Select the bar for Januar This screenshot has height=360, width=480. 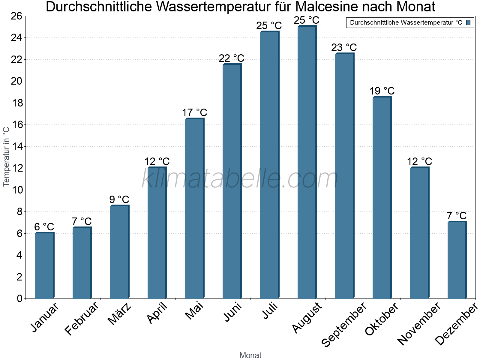tap(44, 265)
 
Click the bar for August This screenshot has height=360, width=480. tap(307, 162)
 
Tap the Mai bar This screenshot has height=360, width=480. tap(194, 208)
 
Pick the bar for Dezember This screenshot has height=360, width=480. tap(457, 260)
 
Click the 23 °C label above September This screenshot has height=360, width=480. tap(344, 47)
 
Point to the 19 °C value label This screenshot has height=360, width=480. tap(382, 91)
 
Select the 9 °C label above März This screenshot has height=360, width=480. tap(119, 199)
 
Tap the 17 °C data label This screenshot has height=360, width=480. tap(194, 113)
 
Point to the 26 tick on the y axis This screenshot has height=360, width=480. tap(16, 16)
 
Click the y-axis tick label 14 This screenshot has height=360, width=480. tap(16, 147)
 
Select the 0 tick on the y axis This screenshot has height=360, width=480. tap(20, 298)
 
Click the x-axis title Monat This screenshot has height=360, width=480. tap(250, 355)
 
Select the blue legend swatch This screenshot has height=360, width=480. tap(468, 22)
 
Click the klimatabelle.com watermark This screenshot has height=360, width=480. tap(240, 179)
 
